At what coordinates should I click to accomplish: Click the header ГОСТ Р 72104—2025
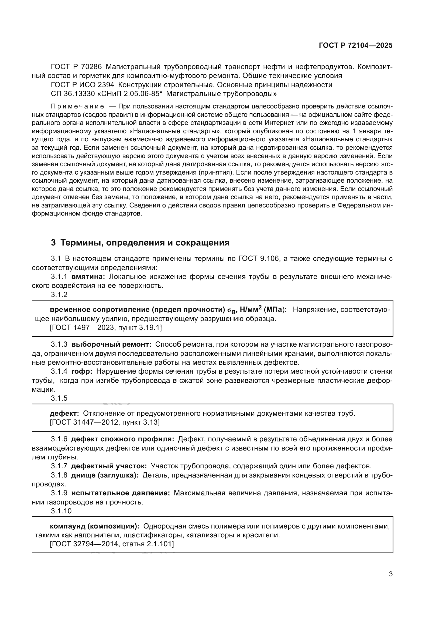(x=356, y=46)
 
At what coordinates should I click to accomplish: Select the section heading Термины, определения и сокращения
(x=145, y=243)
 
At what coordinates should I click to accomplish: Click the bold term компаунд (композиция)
(x=94, y=526)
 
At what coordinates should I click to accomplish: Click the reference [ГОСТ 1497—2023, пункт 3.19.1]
(x=106, y=328)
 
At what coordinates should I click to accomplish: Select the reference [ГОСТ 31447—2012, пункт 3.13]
(x=105, y=422)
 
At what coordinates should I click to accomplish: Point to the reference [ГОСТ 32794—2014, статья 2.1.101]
(x=112, y=544)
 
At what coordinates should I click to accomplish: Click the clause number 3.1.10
(x=61, y=511)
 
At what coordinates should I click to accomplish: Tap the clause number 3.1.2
(x=59, y=295)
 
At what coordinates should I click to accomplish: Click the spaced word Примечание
(x=77, y=106)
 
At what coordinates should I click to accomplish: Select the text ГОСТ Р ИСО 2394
(x=83, y=85)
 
